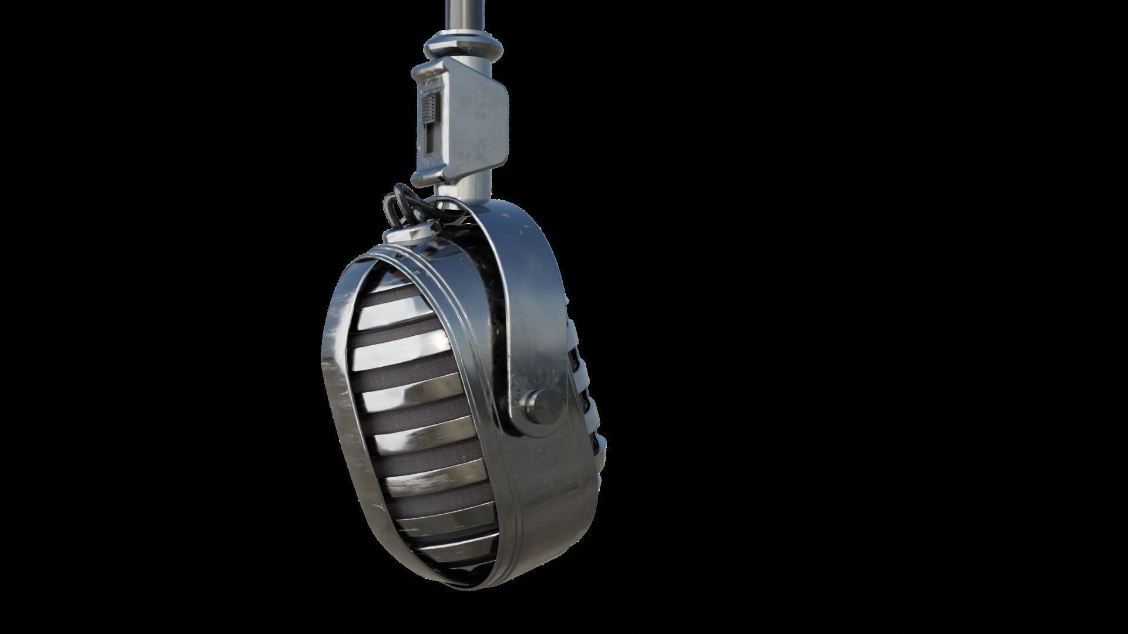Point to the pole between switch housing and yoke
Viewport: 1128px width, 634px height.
[x=470, y=185]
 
